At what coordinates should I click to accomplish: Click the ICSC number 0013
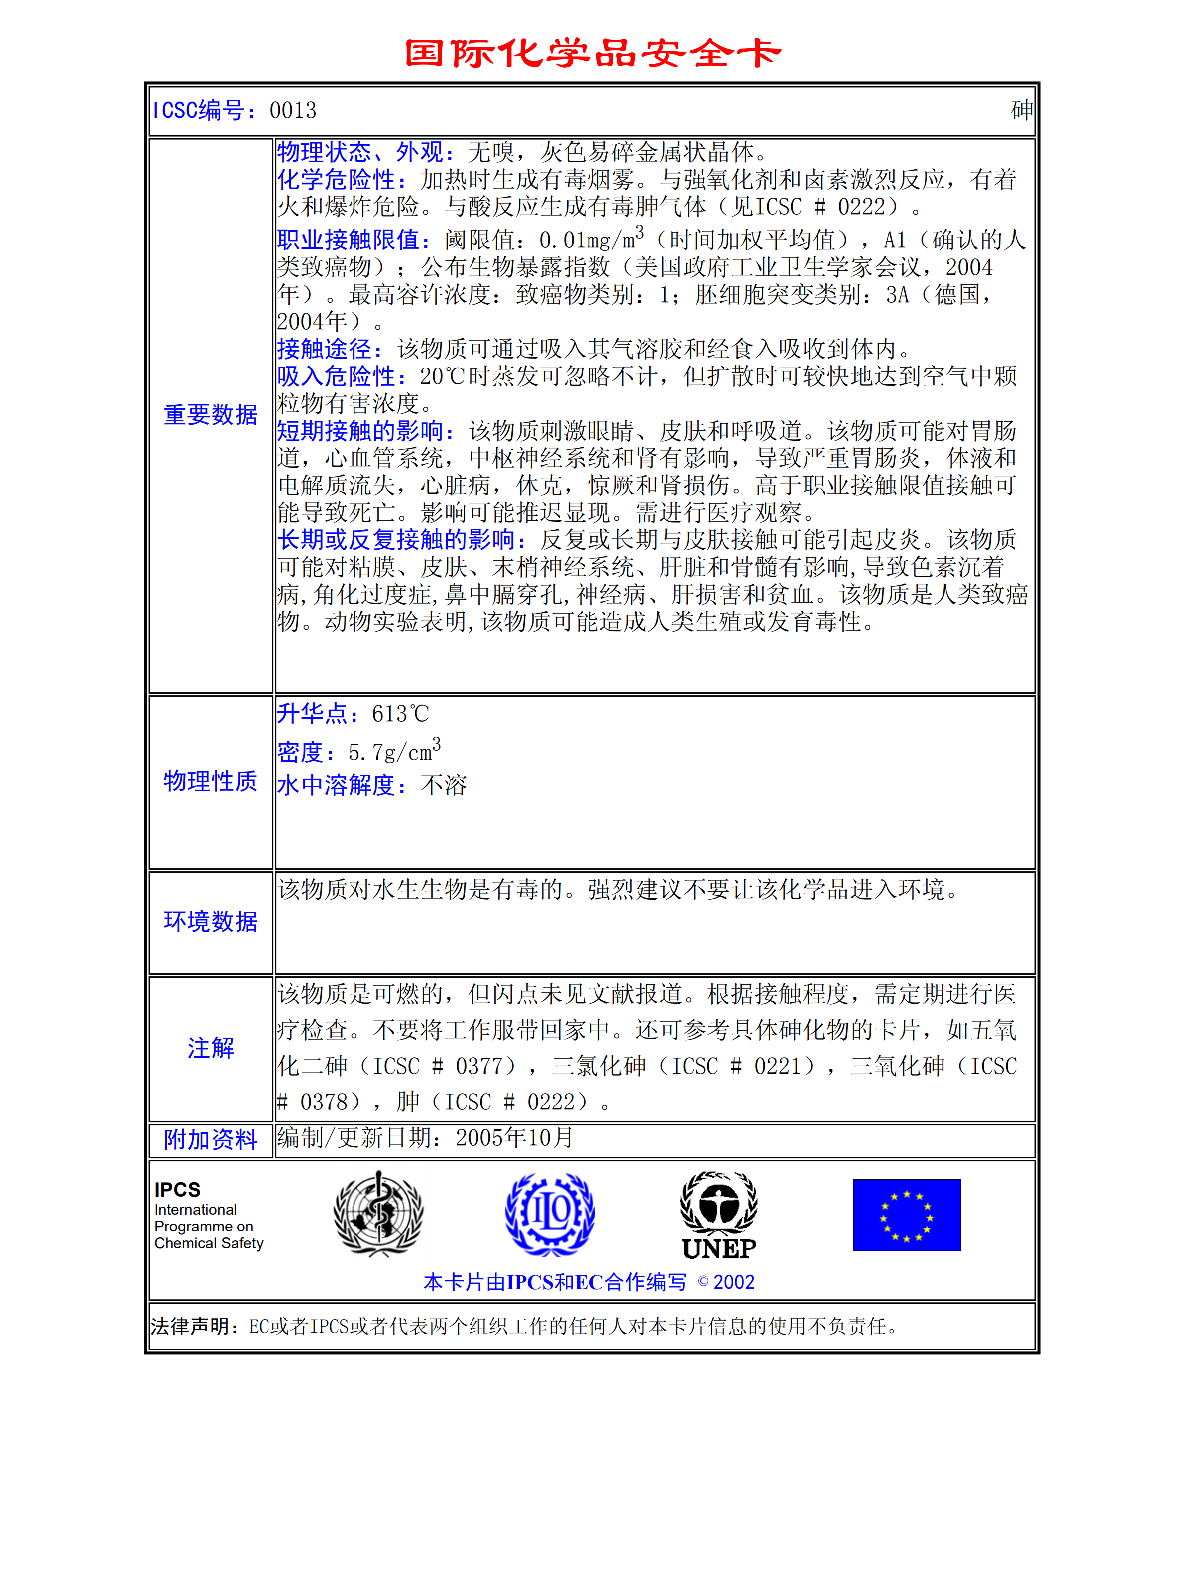tap(293, 111)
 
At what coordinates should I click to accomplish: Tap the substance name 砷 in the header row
tap(1021, 110)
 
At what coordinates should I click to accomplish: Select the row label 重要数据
tap(211, 415)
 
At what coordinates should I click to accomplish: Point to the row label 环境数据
tap(211, 921)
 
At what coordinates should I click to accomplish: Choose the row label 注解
tap(211, 1048)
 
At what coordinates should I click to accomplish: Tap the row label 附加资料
tap(211, 1140)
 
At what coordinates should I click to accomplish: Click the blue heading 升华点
tap(311, 713)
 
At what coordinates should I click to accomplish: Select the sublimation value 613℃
tap(400, 714)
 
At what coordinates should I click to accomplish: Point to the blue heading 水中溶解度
tap(341, 786)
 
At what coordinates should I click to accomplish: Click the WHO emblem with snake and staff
tap(378, 1214)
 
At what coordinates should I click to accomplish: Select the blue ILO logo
tap(550, 1214)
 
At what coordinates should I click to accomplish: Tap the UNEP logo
tap(718, 1215)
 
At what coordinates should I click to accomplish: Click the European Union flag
tap(906, 1215)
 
